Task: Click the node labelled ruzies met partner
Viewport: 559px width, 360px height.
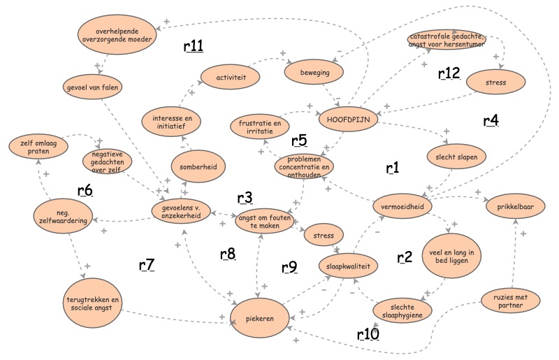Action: click(512, 300)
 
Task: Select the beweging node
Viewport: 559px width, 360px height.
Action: click(316, 72)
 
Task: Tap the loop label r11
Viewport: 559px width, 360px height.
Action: click(193, 47)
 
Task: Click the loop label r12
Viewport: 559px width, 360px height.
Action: click(449, 75)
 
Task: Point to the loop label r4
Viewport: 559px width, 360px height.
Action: click(491, 121)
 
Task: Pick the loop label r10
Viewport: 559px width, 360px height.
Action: click(368, 334)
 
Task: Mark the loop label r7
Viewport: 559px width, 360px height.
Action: click(147, 265)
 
